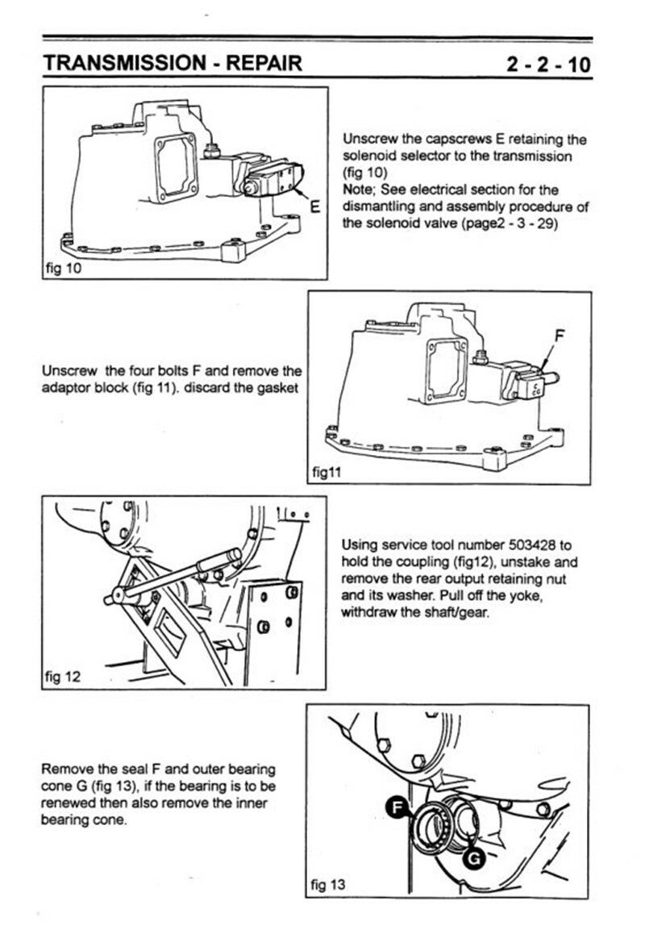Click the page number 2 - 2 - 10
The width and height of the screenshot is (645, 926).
tap(549, 64)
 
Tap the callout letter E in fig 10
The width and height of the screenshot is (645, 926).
tap(316, 204)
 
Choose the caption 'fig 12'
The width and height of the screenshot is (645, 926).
tap(62, 676)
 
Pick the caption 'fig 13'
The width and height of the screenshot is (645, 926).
tap(328, 885)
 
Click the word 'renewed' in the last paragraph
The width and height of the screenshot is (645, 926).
tap(69, 803)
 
